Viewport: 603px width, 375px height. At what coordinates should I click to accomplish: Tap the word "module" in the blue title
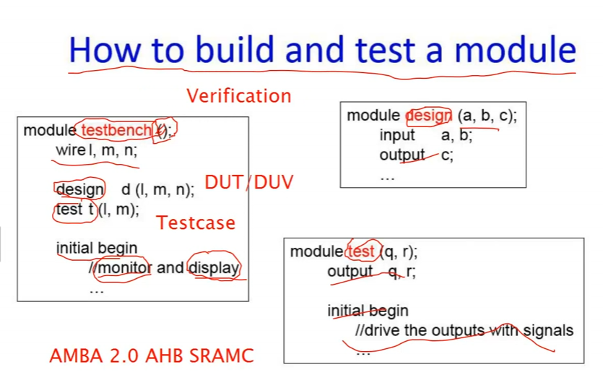[x=516, y=49]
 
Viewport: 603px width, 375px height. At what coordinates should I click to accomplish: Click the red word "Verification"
[x=239, y=96]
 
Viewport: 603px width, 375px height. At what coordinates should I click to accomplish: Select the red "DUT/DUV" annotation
[x=249, y=182]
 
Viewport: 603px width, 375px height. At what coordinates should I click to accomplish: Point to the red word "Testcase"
[x=196, y=223]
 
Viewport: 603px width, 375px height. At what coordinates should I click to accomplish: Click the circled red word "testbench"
[x=117, y=130]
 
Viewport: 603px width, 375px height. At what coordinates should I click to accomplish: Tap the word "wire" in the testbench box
[x=70, y=150]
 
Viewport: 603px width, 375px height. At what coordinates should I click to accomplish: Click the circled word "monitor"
[x=125, y=267]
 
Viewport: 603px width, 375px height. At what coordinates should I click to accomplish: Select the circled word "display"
[x=214, y=267]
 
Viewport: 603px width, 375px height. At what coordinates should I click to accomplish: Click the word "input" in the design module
[x=397, y=135]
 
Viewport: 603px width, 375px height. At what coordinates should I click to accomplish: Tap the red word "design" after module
[x=428, y=116]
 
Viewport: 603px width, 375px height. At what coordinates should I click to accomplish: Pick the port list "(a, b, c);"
[x=487, y=116]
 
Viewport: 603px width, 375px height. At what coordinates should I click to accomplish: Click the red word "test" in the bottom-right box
[x=361, y=251]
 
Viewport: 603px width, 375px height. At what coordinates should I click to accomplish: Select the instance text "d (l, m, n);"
[x=158, y=189]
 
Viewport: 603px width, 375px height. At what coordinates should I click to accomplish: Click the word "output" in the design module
[x=402, y=155]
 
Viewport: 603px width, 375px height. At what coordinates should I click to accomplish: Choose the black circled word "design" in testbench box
[x=79, y=189]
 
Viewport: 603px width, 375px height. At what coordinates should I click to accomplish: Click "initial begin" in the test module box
[x=368, y=311]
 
